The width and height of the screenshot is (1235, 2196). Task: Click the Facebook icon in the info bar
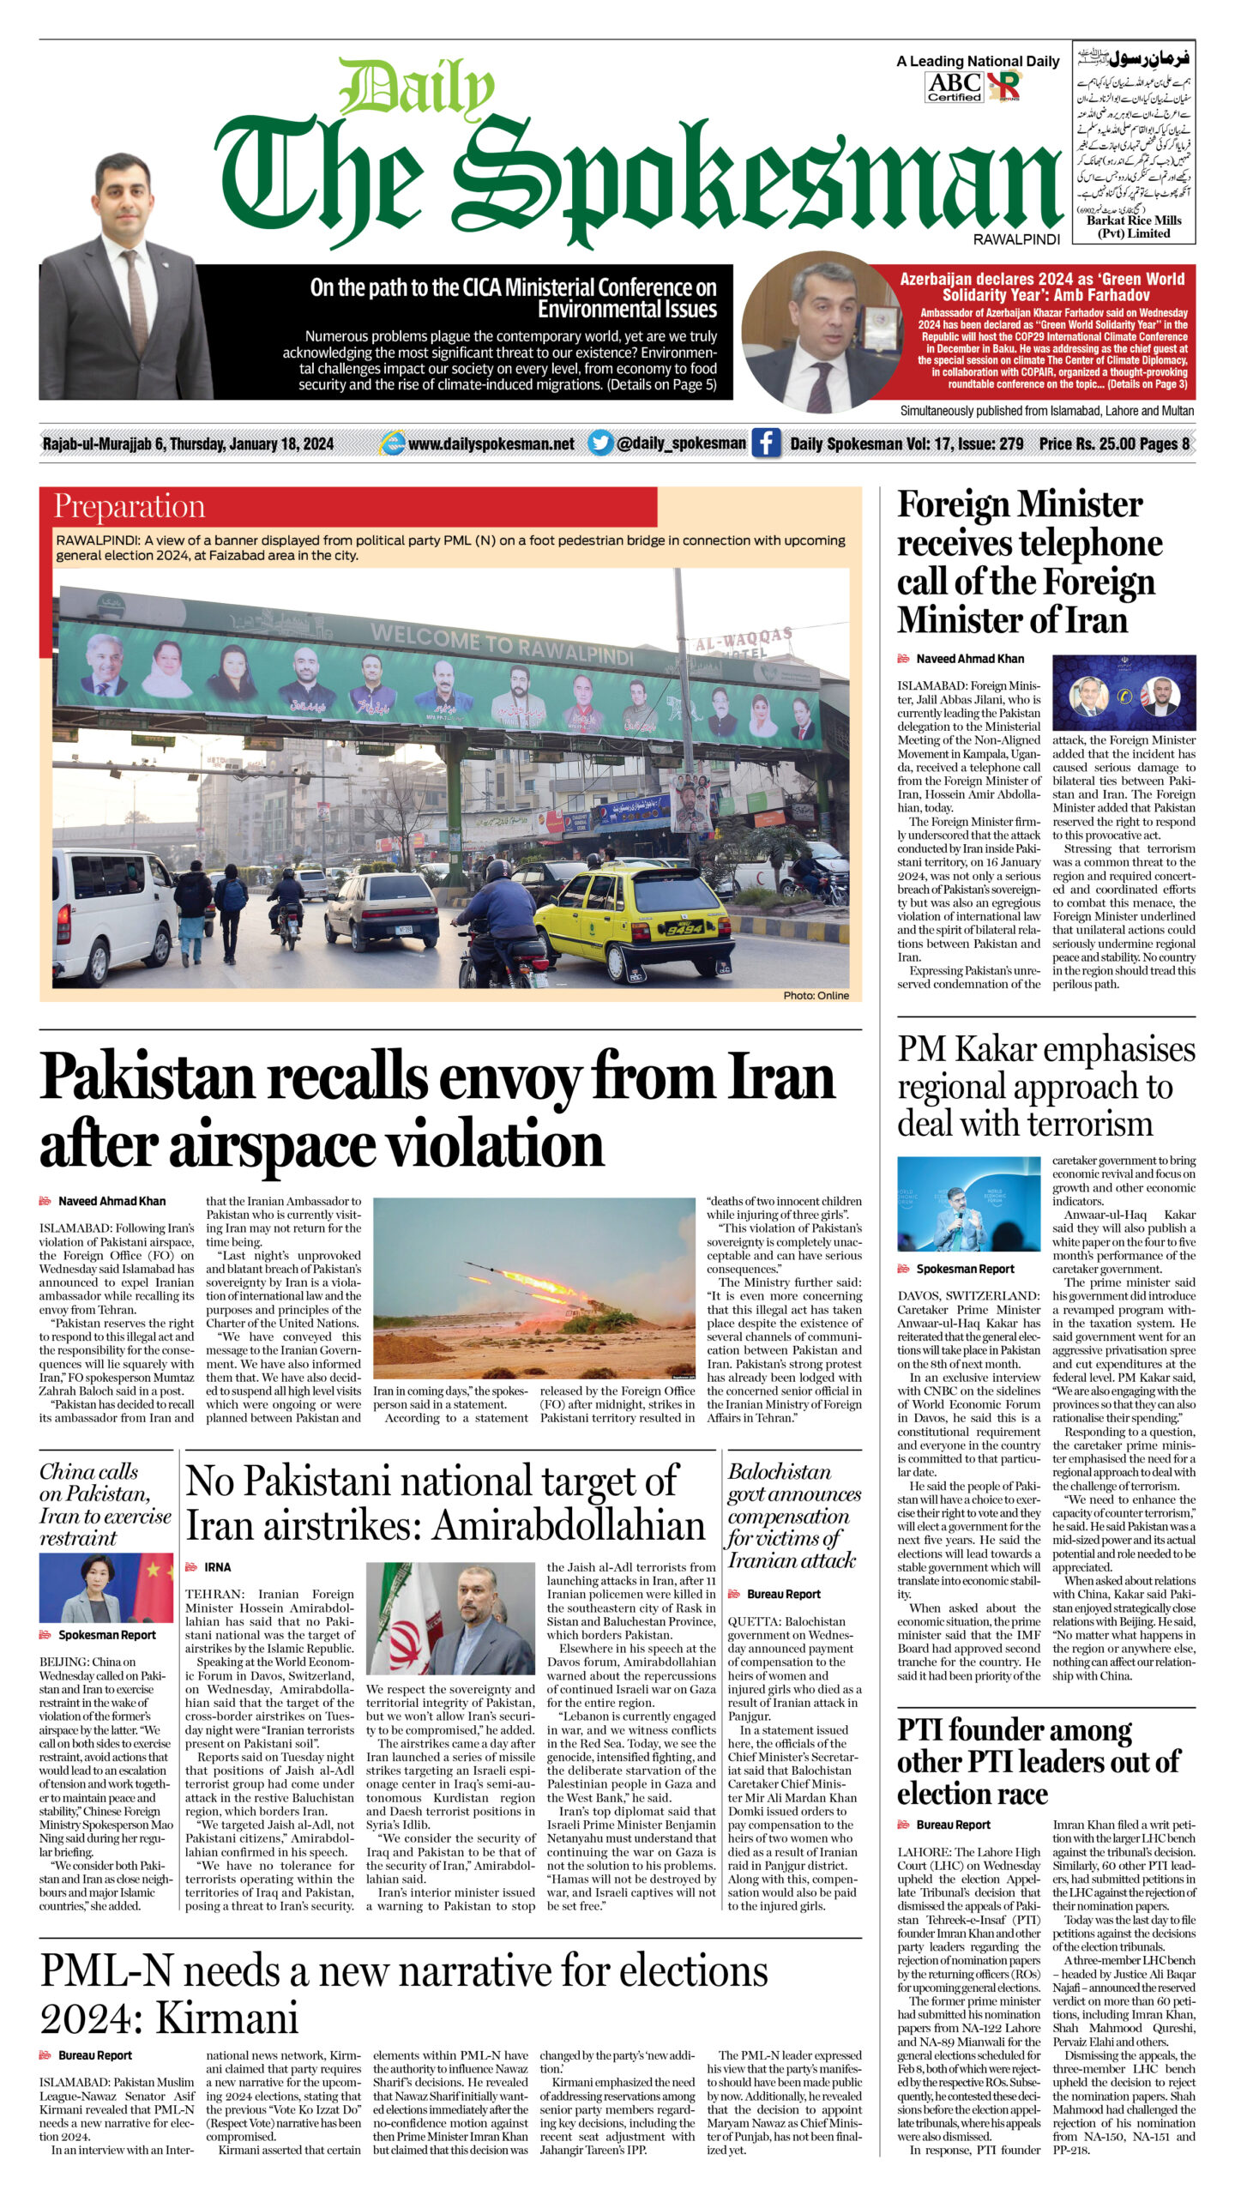pyautogui.click(x=766, y=443)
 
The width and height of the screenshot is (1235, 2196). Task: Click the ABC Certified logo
pyautogui.click(x=954, y=87)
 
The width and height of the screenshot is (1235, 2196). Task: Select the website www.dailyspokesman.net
pyautogui.click(x=491, y=443)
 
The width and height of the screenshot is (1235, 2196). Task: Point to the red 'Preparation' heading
pyautogui.click(x=130, y=506)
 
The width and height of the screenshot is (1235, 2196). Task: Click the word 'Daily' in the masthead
pyautogui.click(x=417, y=89)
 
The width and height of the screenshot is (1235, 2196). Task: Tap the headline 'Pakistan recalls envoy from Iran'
pyautogui.click(x=437, y=1077)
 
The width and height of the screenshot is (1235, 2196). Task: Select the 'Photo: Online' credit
pyautogui.click(x=816, y=995)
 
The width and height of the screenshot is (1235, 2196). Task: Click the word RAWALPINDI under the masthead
pyautogui.click(x=1016, y=240)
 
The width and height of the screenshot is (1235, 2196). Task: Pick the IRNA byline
pyautogui.click(x=217, y=1566)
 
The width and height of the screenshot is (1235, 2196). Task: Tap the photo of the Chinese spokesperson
pyautogui.click(x=105, y=1589)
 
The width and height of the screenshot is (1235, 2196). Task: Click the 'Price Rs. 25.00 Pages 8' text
pyautogui.click(x=1113, y=443)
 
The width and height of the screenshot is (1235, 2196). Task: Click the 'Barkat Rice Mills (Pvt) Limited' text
pyautogui.click(x=1134, y=226)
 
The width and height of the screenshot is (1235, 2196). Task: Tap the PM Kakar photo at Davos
pyautogui.click(x=968, y=1204)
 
